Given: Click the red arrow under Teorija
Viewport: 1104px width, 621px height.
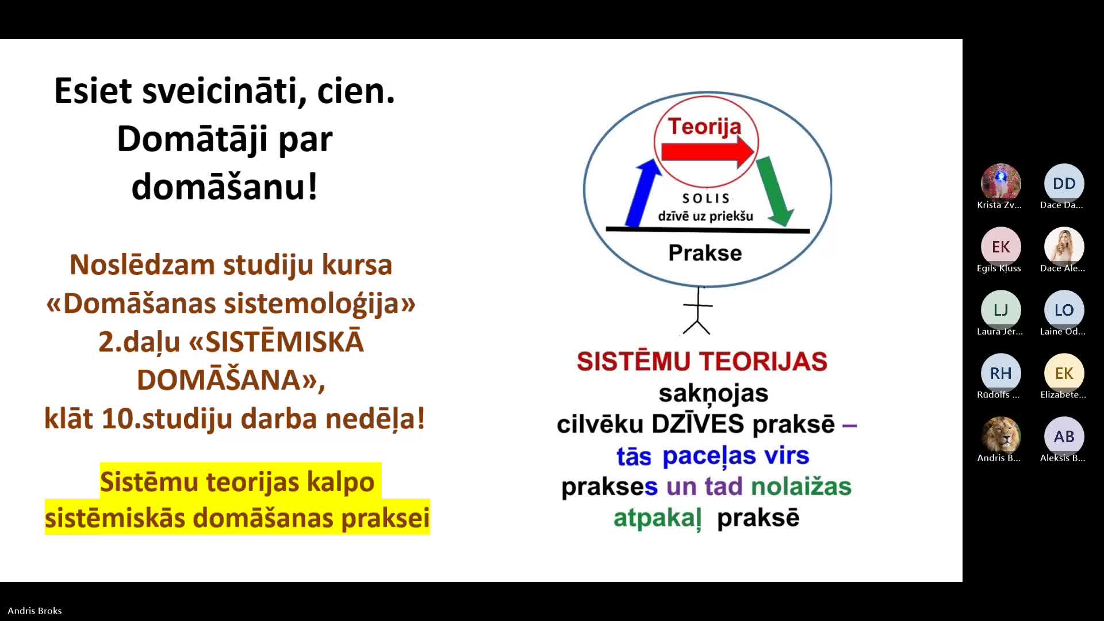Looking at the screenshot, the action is [708, 152].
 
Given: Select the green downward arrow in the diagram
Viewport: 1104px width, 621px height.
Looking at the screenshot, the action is [775, 191].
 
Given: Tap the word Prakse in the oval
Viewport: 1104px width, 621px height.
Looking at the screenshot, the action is [705, 253].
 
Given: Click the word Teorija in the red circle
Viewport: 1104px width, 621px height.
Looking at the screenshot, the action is [704, 126].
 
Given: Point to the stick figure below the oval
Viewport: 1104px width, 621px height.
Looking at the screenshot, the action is [697, 310].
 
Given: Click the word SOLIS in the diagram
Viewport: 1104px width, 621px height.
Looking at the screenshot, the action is [706, 198].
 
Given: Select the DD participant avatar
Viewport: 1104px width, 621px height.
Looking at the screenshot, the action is [1064, 183].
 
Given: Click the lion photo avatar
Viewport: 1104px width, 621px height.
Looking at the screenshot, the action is [1000, 436].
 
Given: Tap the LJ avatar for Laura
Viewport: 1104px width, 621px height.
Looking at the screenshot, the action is [1000, 310].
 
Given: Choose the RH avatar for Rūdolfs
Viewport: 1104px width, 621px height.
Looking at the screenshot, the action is [1000, 373].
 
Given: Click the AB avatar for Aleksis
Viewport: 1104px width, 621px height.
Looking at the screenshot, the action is [1064, 436].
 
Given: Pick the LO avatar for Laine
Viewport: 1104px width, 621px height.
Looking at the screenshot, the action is [1064, 310].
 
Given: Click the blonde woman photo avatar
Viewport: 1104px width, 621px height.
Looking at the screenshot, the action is [1064, 247].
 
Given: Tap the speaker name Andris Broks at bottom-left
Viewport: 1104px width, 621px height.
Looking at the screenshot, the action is [34, 611].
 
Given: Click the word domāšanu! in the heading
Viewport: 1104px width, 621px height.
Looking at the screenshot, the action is [224, 187].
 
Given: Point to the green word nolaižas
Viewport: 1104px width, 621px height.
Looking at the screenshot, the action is [801, 486].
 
